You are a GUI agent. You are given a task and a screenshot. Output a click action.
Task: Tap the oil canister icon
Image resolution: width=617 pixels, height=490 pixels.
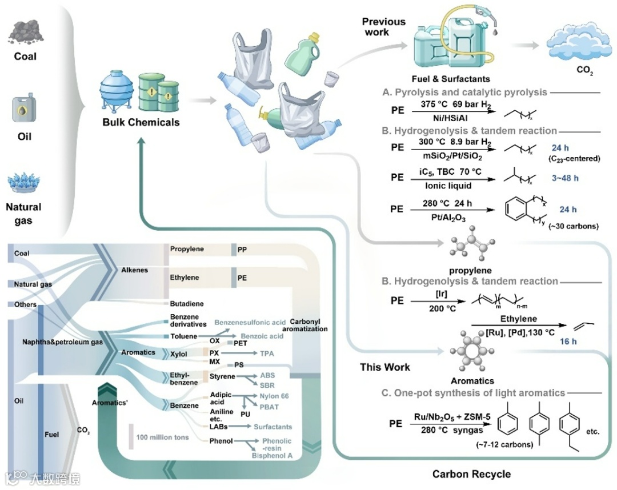pos(25,110)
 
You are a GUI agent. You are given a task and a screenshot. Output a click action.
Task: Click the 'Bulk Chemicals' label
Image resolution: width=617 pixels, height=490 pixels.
pos(141,122)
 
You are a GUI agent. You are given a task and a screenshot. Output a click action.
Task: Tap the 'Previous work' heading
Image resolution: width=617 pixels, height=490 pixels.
pos(383,27)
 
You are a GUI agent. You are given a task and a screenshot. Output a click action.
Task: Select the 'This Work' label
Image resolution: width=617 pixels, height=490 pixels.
pos(385,367)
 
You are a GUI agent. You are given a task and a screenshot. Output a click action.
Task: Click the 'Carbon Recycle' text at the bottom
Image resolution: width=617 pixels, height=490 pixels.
pos(471,474)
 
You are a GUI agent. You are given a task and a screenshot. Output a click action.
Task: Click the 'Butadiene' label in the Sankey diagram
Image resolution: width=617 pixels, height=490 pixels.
pos(186,304)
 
